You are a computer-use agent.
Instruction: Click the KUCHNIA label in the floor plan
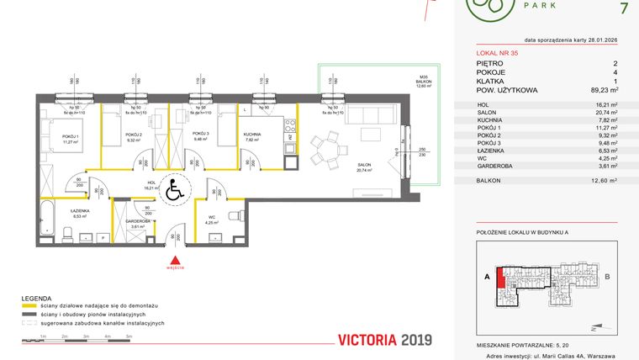point(251,135)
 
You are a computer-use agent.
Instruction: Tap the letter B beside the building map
point(607,275)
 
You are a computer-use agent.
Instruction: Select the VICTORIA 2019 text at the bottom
point(383,340)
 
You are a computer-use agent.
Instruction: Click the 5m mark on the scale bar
point(129,336)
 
